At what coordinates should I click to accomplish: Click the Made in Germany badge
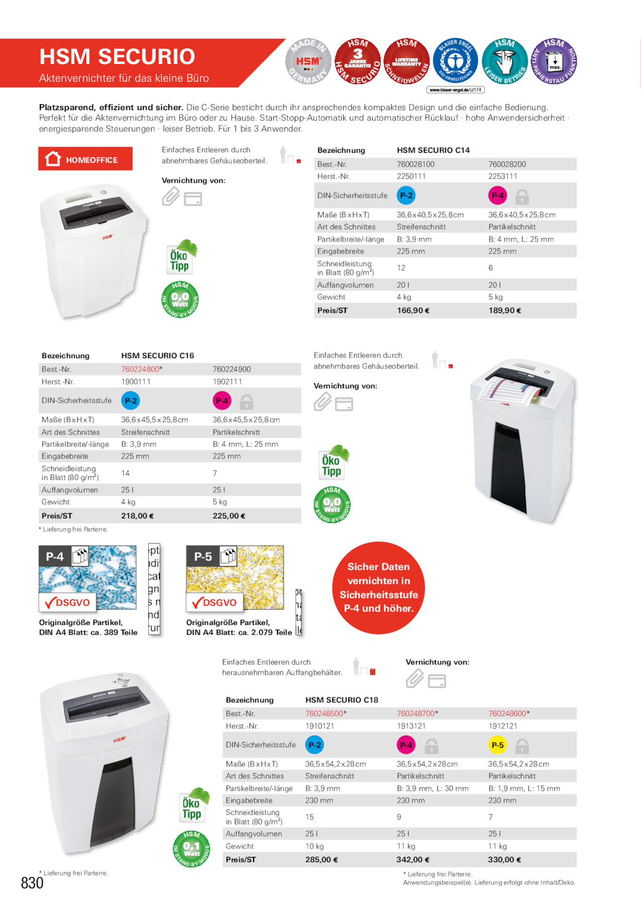tap(308, 62)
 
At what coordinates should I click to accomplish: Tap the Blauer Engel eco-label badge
tap(455, 62)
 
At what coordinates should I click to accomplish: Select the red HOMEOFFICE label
tap(85, 159)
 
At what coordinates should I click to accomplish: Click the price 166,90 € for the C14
tap(413, 311)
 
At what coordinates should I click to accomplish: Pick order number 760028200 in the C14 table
tap(507, 164)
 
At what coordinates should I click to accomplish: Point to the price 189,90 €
tap(505, 311)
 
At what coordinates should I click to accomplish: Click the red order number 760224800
tap(140, 369)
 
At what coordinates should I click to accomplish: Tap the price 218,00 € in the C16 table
tap(137, 516)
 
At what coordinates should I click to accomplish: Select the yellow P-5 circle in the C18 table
tap(497, 745)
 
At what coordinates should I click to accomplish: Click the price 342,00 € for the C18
tap(413, 859)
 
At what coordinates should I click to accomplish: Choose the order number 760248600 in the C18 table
tap(507, 713)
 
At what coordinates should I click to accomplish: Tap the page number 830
tap(32, 882)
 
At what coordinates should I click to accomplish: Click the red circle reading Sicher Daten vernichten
tap(378, 587)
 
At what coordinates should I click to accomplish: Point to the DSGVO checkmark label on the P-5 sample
tap(215, 602)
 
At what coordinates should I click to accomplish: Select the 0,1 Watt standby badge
tap(191, 848)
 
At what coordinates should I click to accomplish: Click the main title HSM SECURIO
tap(117, 57)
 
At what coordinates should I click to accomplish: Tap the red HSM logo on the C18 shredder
tap(119, 739)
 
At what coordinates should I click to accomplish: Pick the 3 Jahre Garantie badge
tap(357, 62)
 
